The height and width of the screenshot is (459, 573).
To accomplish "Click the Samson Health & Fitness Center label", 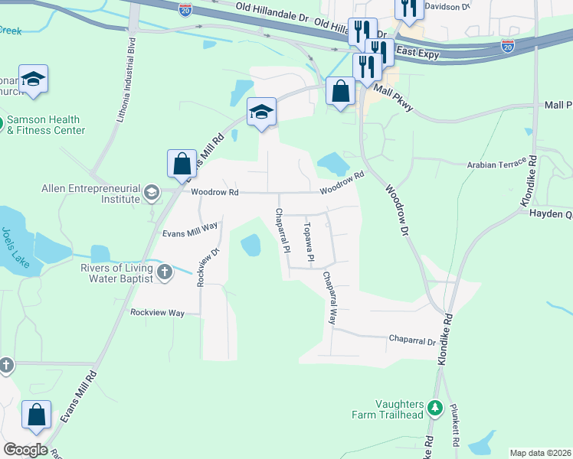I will (45, 125).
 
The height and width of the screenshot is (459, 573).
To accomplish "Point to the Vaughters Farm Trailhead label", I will (399, 409).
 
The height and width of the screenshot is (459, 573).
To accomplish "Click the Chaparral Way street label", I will (329, 298).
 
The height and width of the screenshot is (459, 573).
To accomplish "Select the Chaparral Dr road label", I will (412, 339).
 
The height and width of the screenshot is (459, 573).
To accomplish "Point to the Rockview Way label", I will (158, 313).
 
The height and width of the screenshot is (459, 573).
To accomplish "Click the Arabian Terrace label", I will (497, 164).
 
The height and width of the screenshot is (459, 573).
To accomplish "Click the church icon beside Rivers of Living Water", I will (164, 271).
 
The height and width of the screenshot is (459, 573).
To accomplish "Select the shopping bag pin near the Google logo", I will (36, 415).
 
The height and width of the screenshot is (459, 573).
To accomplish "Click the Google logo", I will (25, 450).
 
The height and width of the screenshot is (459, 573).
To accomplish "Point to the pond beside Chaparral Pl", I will (250, 246).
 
